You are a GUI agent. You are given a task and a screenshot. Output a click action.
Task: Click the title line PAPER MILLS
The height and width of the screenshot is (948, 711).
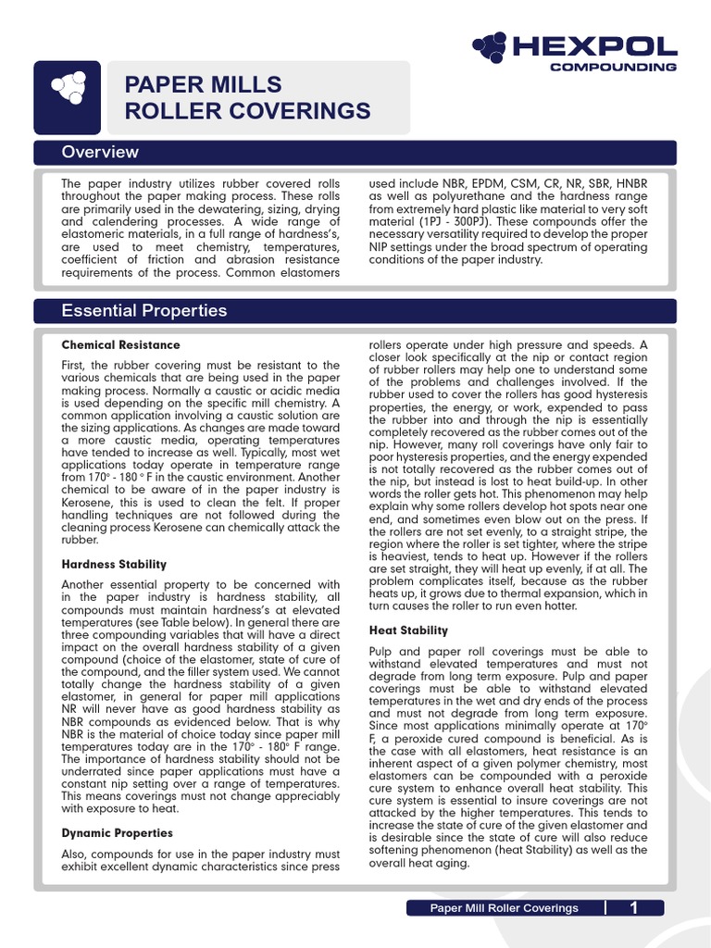pos(204,85)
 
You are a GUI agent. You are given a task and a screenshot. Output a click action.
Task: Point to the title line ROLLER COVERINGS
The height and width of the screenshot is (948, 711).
pos(247,112)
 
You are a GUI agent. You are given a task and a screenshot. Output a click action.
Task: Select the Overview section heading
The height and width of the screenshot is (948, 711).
pos(100,152)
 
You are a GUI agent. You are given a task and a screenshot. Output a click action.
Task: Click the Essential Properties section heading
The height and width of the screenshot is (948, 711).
pos(143,310)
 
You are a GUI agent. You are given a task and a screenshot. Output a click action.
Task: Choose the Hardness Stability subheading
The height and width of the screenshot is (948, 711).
pos(114,564)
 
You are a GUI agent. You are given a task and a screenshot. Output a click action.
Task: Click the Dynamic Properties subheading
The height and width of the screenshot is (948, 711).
pos(117,833)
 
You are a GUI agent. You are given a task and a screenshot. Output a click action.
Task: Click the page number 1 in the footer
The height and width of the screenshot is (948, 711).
pos(634,908)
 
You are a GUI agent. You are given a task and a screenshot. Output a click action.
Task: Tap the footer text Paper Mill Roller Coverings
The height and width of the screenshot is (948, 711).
pos(504,908)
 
